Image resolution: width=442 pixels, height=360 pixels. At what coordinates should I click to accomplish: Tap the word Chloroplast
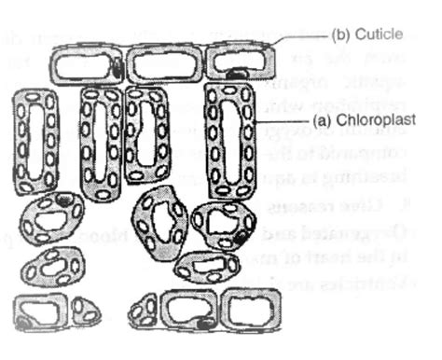tap(383, 120)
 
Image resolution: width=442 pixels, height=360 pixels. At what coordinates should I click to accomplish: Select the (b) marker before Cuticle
tap(341, 35)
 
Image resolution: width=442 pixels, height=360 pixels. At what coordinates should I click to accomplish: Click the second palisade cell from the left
tap(101, 143)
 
